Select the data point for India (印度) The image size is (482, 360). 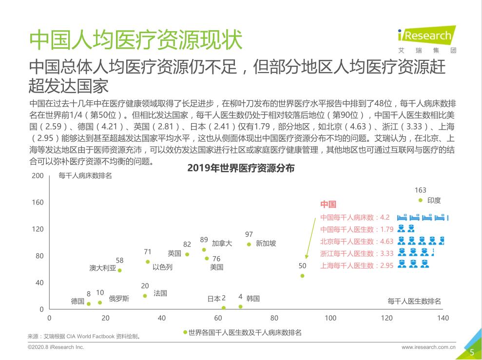pos(421,200)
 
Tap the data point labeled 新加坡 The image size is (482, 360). pos(249,244)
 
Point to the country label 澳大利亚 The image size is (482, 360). pos(103,268)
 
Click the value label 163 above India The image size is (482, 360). pos(420,190)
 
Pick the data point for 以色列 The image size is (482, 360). pos(148,262)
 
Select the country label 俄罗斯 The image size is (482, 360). pos(119,299)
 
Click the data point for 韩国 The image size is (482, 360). pos(240,306)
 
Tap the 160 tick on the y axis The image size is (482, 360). pos(38,202)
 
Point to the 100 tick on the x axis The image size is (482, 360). pos(330,318)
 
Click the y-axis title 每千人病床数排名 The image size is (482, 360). pos(85,176)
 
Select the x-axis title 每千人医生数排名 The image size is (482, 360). pos(414,302)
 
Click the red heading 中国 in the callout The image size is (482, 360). pos(328,205)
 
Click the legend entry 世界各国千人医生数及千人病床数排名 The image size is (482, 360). pos(242,332)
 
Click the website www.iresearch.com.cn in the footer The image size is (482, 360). pos(428,347)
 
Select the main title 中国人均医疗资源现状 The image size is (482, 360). pos(135,40)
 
